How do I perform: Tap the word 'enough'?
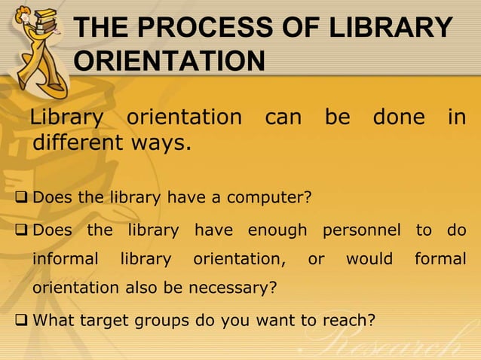pos(277,230)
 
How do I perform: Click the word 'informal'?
pos(65,259)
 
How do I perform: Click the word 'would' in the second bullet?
pos(369,259)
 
